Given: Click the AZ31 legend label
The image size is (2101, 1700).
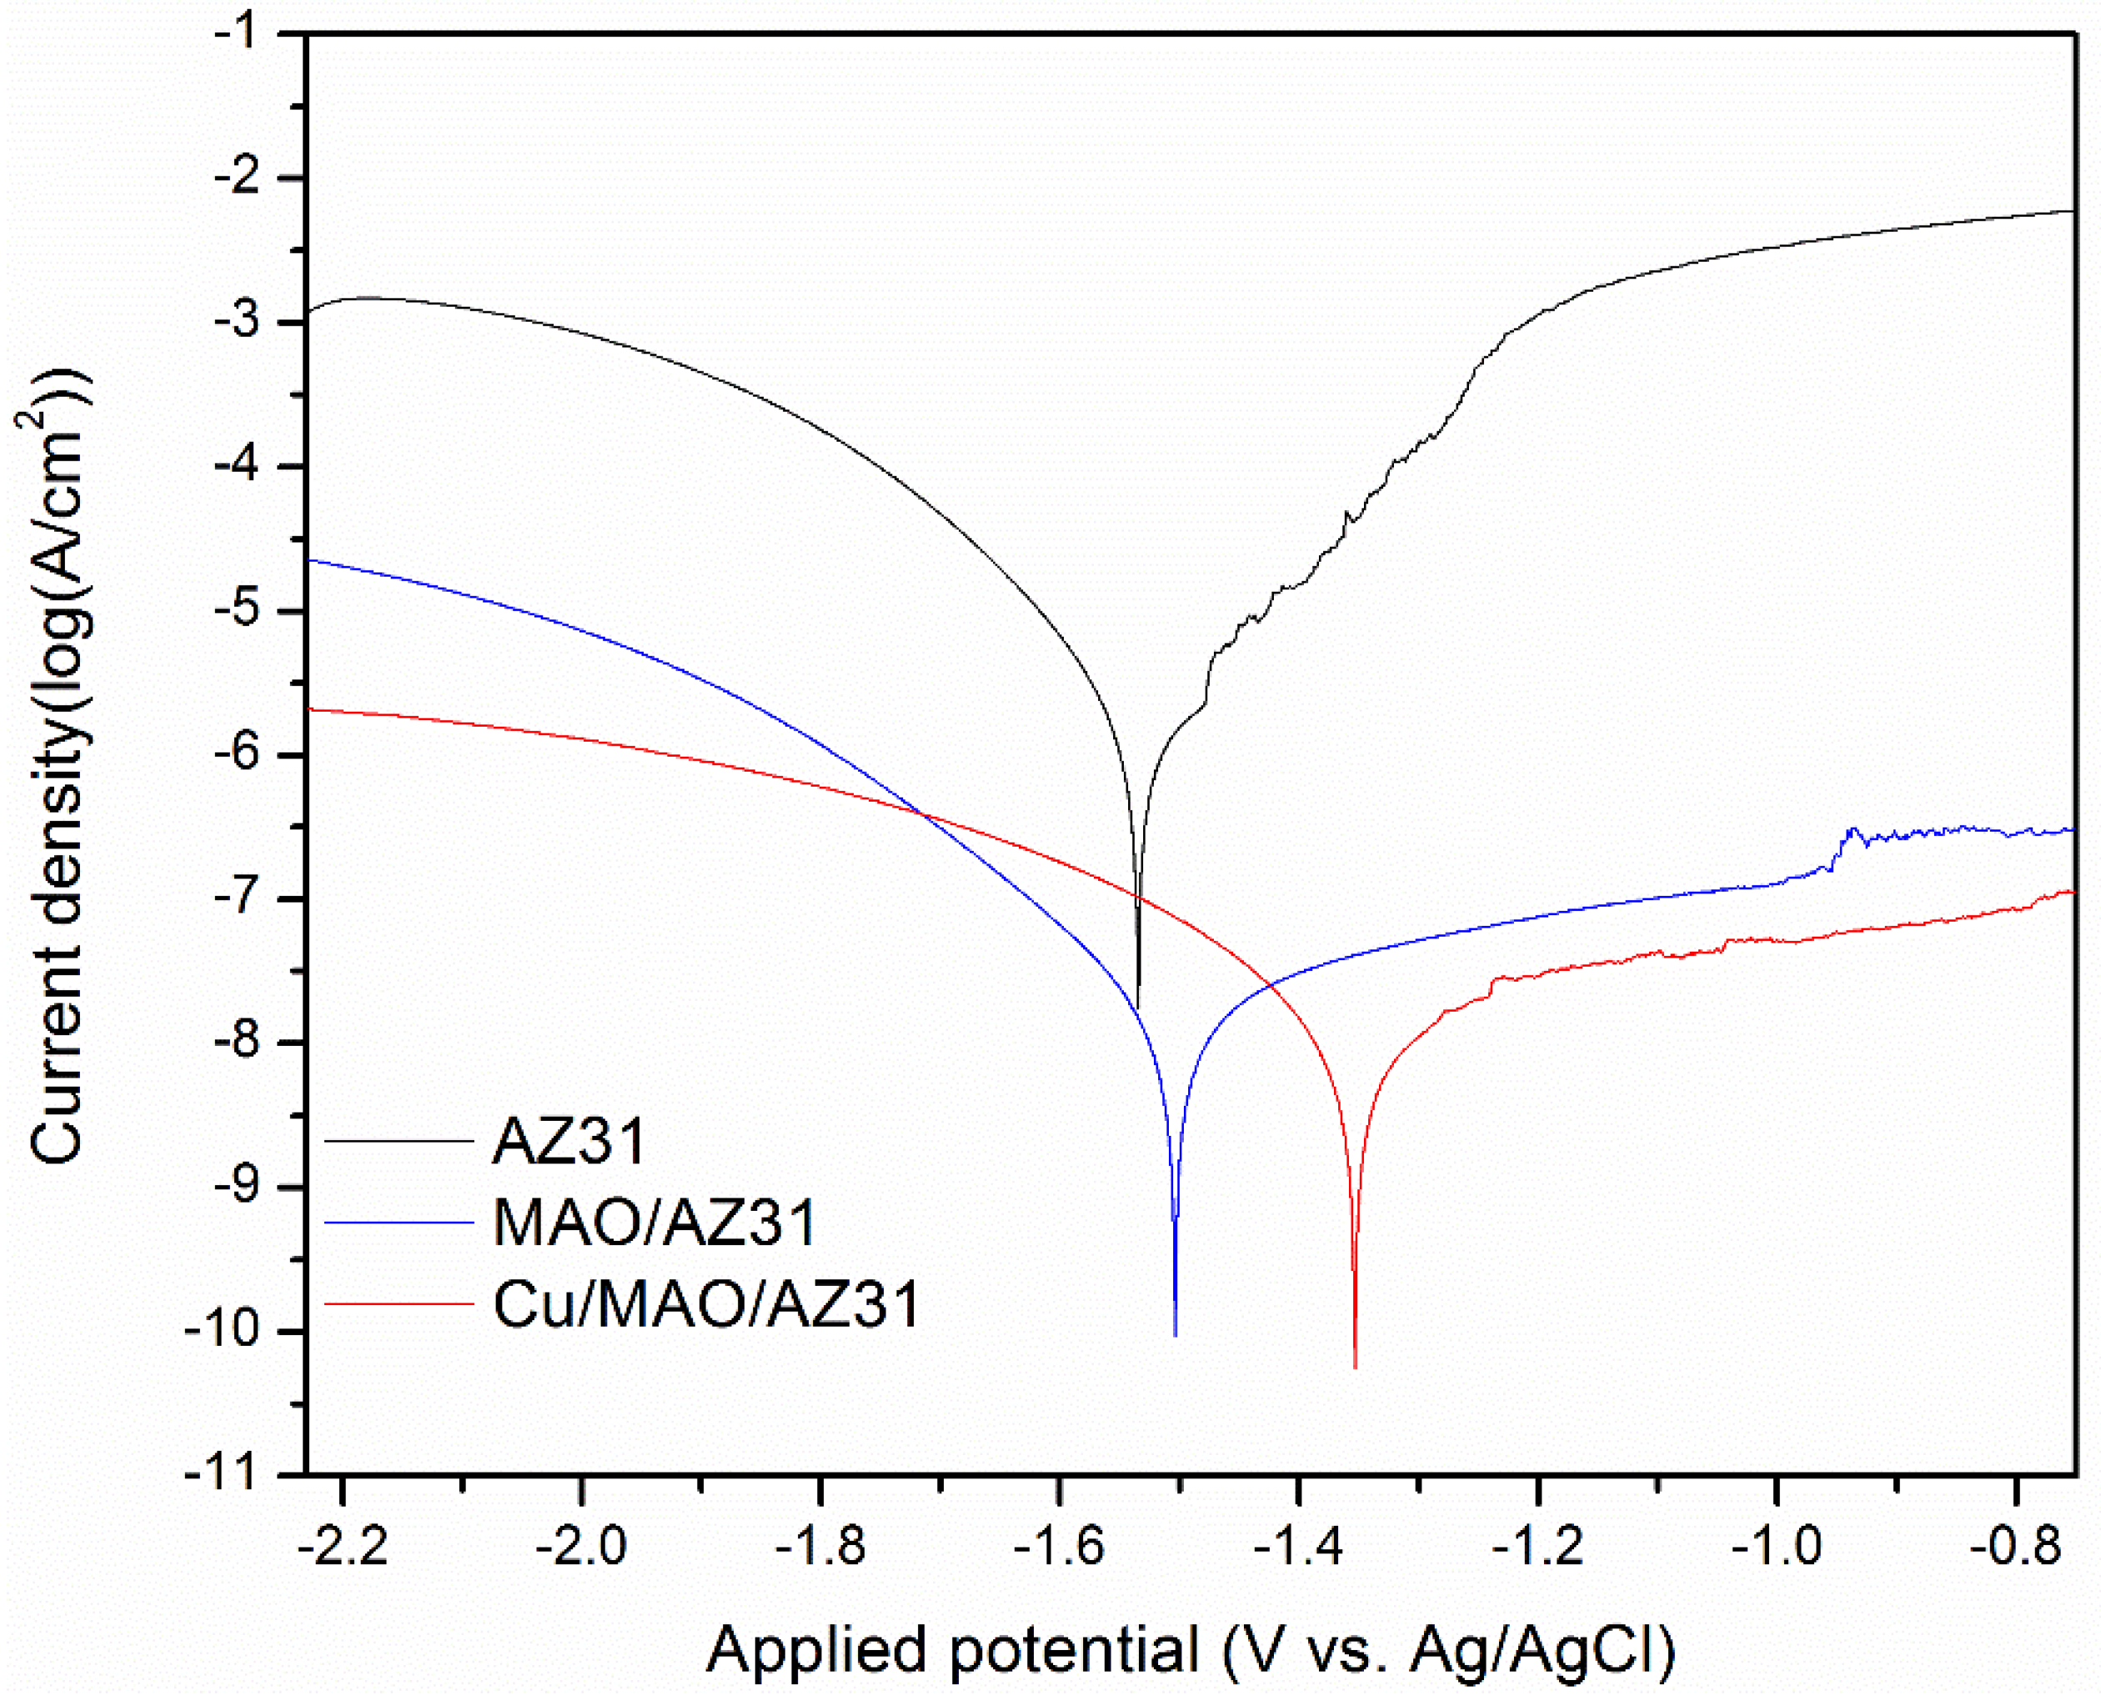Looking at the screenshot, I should click(568, 1141).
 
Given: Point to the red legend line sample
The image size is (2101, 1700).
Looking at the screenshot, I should click(399, 1303).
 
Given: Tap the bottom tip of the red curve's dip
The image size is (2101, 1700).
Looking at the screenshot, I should click(1355, 1366).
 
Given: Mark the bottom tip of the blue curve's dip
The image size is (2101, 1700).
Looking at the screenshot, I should click(1175, 1334).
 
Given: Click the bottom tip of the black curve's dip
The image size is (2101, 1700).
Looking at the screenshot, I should click(1137, 1006).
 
